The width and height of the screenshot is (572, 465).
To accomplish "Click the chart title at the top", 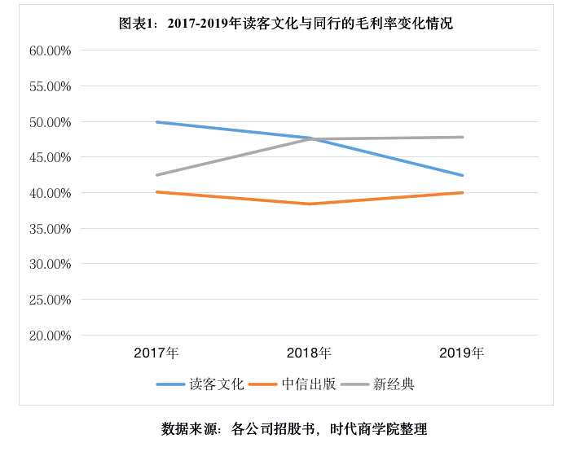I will coord(285,24).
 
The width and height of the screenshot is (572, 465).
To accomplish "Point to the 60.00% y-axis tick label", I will coord(51,50).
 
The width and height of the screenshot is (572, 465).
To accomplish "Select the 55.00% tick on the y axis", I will coord(51,86).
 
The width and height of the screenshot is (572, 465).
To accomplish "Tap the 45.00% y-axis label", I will coord(51,157).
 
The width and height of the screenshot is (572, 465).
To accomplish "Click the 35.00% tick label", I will coord(51,229).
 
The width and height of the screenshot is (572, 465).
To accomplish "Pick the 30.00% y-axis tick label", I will coord(51,264).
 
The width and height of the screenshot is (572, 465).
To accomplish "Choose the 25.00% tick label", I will coord(51,300).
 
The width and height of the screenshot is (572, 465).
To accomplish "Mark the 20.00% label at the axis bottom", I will coord(51,336).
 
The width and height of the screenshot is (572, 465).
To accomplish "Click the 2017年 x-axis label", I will coord(156,353).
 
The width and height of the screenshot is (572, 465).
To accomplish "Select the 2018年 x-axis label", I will coord(309,353).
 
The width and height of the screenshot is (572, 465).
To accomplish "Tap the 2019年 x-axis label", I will coord(461,353).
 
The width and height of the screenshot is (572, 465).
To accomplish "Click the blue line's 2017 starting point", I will coord(156,122).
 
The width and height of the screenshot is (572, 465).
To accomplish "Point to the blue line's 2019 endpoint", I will coord(462,175).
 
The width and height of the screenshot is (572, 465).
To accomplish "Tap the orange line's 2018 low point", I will coord(310,204).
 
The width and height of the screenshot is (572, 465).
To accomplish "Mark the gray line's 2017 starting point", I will coord(156,174).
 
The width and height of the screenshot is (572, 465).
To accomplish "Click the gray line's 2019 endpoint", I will coord(462,137).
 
